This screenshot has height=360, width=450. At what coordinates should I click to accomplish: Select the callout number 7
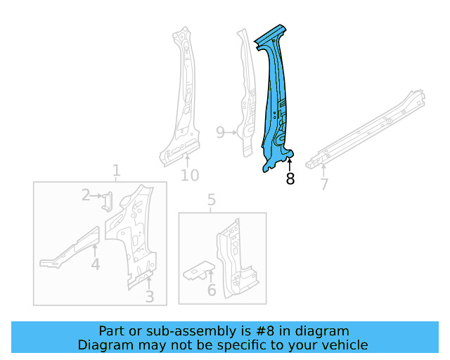pyautogui.click(x=324, y=184)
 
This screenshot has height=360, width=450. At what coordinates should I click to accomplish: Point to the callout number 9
pyautogui.click(x=220, y=132)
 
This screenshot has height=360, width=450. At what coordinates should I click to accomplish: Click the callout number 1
pyautogui.click(x=117, y=170)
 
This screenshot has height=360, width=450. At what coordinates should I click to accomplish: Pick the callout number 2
pyautogui.click(x=86, y=195)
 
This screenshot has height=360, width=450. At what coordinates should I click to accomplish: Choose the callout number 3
pyautogui.click(x=150, y=297)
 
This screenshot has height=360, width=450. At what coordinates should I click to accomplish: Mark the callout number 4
pyautogui.click(x=95, y=264)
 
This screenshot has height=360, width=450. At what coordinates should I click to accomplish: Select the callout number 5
pyautogui.click(x=211, y=202)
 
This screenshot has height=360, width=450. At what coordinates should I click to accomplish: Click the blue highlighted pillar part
pyautogui.click(x=276, y=98)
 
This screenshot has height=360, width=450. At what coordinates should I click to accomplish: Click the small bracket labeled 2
pyautogui.click(x=108, y=202)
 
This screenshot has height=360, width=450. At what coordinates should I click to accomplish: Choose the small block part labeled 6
pyautogui.click(x=198, y=272)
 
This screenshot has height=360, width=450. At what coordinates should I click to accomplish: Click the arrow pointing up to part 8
pyautogui.click(x=290, y=165)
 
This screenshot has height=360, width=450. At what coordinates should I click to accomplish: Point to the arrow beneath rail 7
pyautogui.click(x=323, y=167)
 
